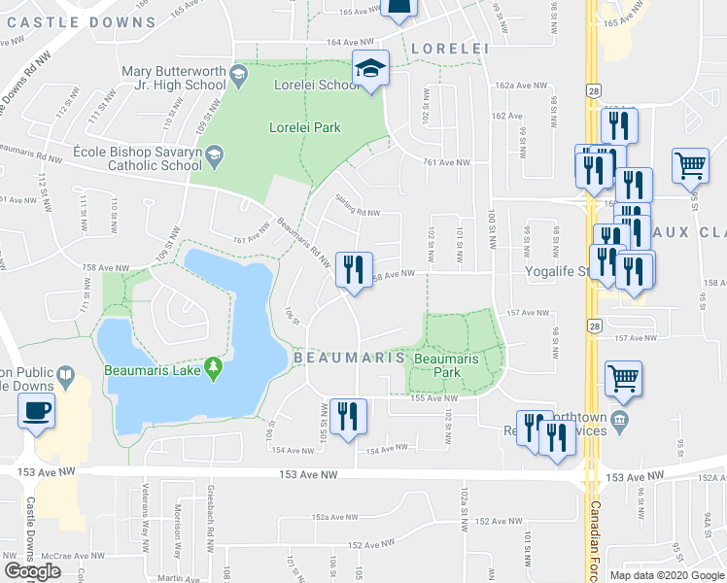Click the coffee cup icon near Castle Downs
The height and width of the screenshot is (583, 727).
pos(36,408)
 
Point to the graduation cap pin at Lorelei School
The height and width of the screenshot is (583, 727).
pos(370,69)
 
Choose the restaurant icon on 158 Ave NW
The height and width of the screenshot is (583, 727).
pos(354,268)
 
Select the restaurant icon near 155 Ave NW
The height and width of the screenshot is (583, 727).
pos(347,417)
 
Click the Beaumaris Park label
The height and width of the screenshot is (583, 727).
pos(445,365)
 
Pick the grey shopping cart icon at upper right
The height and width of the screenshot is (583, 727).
pos(690,164)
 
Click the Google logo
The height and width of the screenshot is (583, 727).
pos(32,571)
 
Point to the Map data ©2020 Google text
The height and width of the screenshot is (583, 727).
pos(666,575)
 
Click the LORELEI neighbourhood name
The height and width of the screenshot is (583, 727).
pos(447,47)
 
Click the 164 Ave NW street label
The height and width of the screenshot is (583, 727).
pos(351,42)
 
